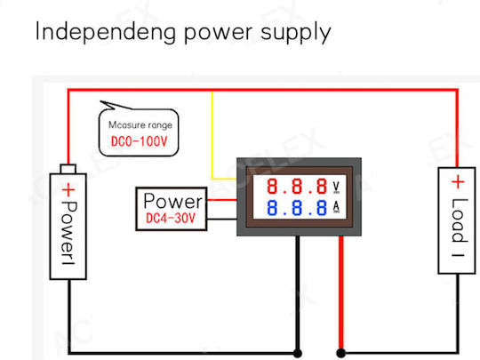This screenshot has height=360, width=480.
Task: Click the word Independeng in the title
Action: click(106, 32)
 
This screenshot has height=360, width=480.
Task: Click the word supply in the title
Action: click(296, 33)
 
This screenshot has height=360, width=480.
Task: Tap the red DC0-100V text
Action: click(139, 141)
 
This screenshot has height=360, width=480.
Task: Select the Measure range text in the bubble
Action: click(140, 125)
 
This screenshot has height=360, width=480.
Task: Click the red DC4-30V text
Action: click(171, 219)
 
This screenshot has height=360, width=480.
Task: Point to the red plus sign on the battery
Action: click(68, 190)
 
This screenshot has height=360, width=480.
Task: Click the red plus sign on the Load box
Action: click(458, 182)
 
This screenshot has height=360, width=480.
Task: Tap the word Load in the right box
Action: click(460, 220)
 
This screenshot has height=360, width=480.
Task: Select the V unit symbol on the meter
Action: click(336, 187)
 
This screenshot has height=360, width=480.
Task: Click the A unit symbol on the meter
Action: click(336, 207)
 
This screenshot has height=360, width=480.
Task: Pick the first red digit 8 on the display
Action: click(272, 186)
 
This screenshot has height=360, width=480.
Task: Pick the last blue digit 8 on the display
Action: click(322, 207)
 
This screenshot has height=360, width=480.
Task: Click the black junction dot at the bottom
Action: click(298, 353)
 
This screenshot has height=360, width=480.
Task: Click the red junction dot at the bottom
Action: click(341, 353)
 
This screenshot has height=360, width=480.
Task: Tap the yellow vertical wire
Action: click(212, 135)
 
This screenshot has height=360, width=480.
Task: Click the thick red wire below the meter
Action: click(341, 292)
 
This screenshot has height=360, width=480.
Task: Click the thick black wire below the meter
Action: click(298, 292)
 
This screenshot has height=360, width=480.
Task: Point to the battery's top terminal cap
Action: click(68, 169)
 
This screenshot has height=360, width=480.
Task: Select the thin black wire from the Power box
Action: click(222, 219)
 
